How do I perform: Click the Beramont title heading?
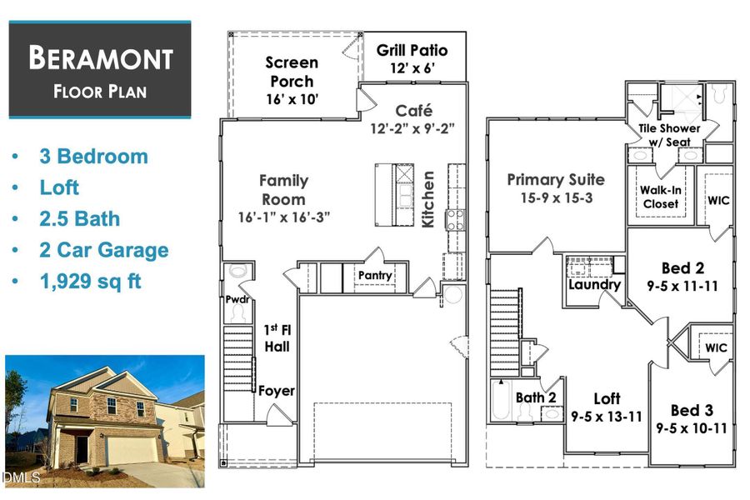point(100,59)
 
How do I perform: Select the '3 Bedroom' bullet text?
point(93,157)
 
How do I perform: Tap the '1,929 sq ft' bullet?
point(90,282)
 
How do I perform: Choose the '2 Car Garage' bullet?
point(103,250)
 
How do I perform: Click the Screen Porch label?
point(292,72)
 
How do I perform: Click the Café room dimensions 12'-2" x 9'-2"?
point(412,128)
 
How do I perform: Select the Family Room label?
point(283,190)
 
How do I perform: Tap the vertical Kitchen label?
point(428,199)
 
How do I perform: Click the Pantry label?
point(375,275)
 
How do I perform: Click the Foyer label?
point(276,390)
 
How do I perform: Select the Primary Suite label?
point(556,179)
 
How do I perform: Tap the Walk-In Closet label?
point(660,197)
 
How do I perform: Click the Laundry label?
point(594,284)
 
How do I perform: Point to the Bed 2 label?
point(682,267)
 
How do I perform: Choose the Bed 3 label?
point(692,411)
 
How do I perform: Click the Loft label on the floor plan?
point(607,398)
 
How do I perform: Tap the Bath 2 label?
point(536,397)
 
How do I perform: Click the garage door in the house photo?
point(133,450)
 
